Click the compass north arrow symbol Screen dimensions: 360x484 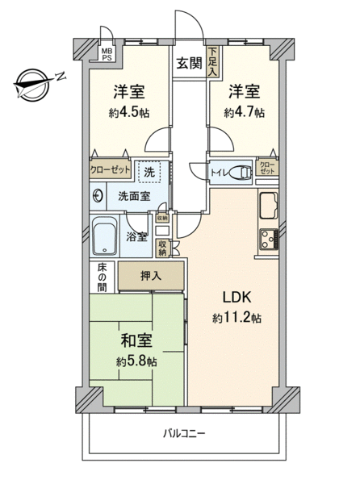tap(33, 83)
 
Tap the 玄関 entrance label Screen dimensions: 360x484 tap(189, 63)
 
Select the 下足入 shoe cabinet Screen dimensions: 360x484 tap(212, 62)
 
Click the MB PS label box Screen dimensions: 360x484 tap(107, 55)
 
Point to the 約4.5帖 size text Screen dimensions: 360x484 tap(129, 113)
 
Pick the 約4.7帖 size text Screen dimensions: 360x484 tap(245, 113)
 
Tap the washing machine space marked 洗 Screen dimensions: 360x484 tap(150, 172)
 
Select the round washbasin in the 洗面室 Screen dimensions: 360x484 tap(98, 196)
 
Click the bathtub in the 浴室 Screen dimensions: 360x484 tap(105, 236)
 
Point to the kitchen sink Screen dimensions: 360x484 tap(269, 205)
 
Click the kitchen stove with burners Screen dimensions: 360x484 tap(269, 240)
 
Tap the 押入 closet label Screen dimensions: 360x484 tap(151, 276)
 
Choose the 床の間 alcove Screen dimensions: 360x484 tap(103, 277)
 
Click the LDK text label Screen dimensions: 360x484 tap(237, 297)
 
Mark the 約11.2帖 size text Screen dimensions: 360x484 tap(237, 318)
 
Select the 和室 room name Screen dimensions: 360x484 tap(136, 340)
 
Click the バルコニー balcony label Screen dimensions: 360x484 tap(184, 434)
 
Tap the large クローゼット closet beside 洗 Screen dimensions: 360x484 tap(111, 169)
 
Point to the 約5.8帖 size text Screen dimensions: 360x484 tap(136, 361)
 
